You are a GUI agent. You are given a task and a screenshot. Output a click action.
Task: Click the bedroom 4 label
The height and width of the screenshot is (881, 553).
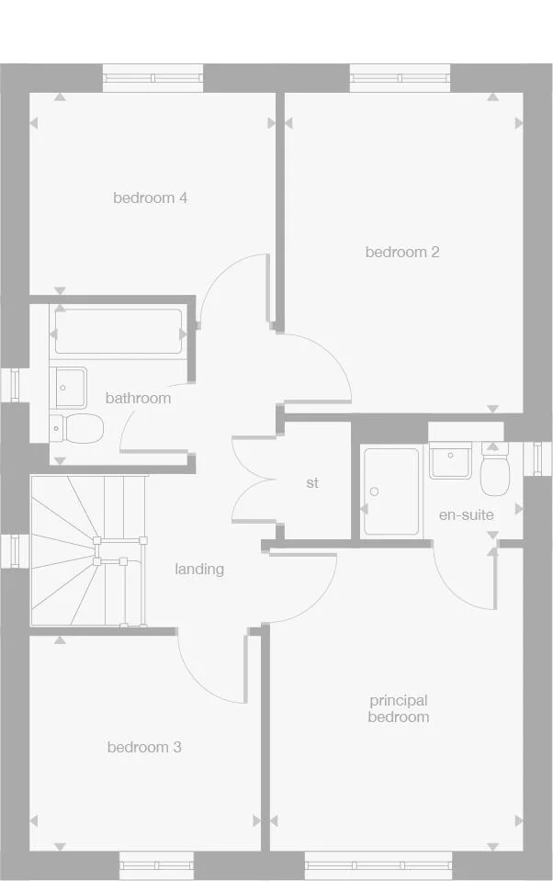[151, 198]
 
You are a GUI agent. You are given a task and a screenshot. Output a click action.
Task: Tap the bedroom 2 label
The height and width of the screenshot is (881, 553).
[402, 252]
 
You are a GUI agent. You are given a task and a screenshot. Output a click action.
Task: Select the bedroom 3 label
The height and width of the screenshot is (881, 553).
[144, 747]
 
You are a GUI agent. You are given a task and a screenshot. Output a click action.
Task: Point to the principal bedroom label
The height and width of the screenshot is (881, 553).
[399, 709]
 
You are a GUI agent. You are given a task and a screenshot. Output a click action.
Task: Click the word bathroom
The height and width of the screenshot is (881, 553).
[138, 398]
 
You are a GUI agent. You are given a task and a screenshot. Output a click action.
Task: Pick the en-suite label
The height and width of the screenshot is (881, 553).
[466, 514]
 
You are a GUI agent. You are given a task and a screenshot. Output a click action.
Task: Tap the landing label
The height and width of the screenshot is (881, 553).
[199, 569]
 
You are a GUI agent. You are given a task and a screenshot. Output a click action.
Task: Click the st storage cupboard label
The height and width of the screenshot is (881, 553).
[312, 482]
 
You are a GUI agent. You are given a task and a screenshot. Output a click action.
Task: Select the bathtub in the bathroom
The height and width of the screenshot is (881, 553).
[118, 332]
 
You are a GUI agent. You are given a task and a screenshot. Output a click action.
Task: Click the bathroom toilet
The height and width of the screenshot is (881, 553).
[77, 426]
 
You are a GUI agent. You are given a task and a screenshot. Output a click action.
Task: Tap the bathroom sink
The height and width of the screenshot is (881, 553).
[70, 387]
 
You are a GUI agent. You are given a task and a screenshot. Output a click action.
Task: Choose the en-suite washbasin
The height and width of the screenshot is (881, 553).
[451, 460]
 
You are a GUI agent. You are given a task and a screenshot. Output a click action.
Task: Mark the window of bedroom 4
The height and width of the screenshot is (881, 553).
[152, 78]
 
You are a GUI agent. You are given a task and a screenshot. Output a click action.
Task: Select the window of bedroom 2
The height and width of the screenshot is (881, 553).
[400, 78]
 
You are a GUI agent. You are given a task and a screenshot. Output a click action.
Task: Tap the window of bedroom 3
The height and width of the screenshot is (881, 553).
[156, 865]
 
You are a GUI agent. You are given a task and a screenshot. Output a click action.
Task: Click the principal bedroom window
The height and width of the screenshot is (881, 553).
[378, 865]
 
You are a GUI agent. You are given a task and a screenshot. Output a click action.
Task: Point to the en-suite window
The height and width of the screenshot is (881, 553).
[538, 457]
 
